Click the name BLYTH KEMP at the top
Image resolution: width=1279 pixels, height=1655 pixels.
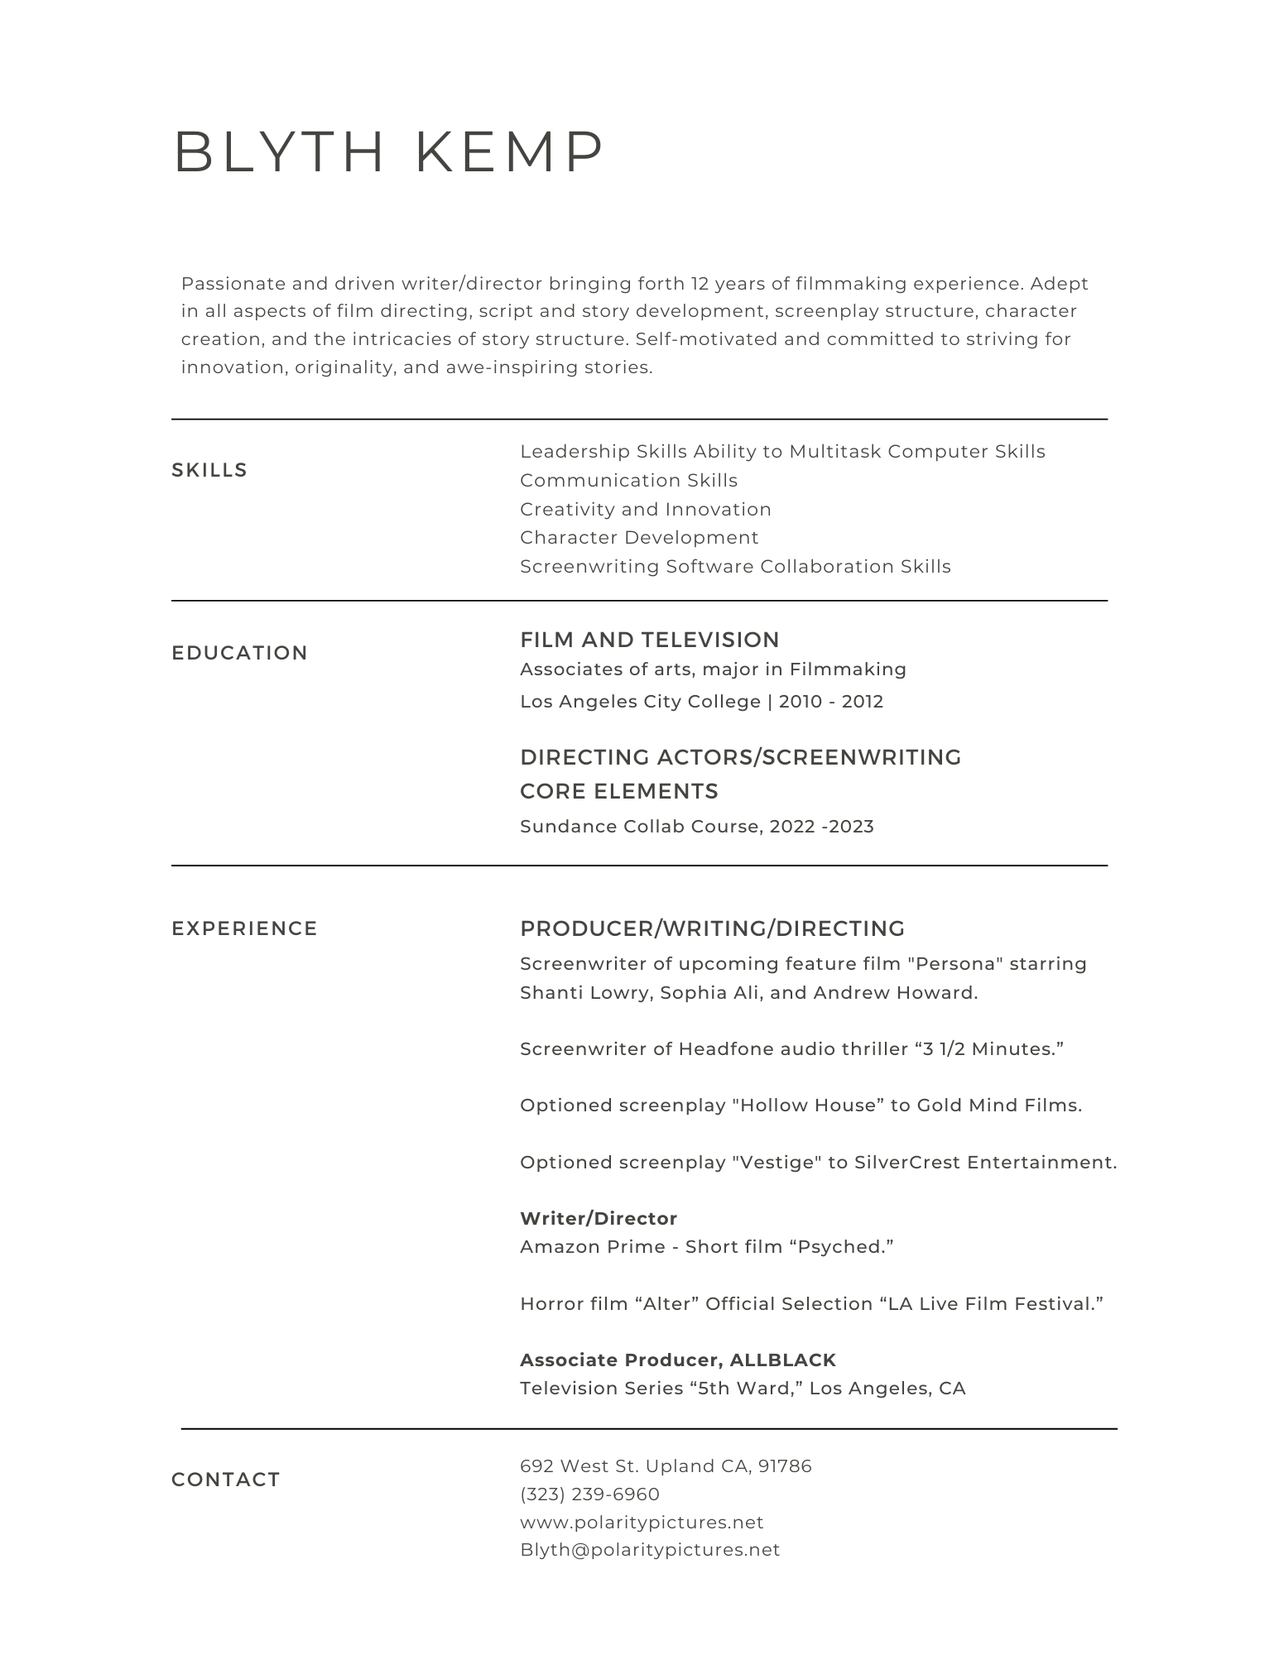389,152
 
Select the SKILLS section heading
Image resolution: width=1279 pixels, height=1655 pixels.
209,470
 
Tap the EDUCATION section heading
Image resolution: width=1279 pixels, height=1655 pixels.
239,653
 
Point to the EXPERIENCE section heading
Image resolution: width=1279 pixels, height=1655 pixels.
244,928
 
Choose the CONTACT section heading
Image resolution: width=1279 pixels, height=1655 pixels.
226,1480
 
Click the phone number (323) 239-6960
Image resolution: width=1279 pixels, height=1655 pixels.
589,1494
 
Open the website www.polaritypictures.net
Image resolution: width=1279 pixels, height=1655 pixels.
642,1523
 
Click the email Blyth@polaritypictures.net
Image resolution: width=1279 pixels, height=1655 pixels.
650,1550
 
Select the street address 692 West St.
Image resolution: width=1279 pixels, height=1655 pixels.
579,1466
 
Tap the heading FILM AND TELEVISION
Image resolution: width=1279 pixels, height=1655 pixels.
650,640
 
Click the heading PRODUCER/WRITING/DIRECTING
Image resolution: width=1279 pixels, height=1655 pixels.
712,928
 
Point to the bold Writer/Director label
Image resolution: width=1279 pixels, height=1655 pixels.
599,1218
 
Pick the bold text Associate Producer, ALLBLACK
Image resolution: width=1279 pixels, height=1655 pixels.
678,1360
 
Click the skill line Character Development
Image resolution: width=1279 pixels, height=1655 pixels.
639,538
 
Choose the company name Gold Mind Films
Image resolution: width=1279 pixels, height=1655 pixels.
998,1106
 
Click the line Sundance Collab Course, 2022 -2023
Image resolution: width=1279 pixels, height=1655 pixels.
697,827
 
